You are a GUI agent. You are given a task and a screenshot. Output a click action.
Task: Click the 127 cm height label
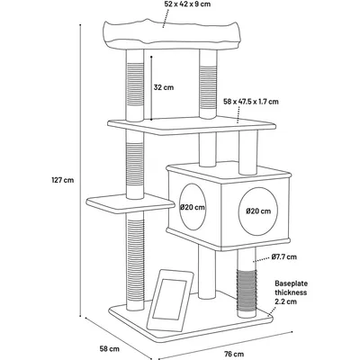63,180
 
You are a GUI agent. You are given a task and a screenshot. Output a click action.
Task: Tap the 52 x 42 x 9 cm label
187,4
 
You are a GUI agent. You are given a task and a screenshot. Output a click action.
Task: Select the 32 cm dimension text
164,87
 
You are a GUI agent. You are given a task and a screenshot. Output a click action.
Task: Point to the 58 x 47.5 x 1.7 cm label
251,102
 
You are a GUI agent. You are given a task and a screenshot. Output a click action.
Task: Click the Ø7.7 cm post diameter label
284,256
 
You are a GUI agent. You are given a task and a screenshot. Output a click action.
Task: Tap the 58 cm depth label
110,349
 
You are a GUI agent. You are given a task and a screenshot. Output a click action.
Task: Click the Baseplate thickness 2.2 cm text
291,292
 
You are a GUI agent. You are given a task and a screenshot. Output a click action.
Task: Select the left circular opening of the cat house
193,207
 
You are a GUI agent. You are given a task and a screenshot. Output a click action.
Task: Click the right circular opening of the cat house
258,211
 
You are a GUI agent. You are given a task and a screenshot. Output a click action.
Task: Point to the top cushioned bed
173,34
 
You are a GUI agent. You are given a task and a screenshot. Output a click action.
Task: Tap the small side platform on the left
130,203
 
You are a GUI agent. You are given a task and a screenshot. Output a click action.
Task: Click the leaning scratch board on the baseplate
170,300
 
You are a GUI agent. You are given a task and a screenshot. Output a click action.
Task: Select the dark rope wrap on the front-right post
247,290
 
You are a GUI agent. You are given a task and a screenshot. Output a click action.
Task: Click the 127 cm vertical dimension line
80,170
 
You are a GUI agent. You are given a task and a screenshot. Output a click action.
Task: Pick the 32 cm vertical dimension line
151,88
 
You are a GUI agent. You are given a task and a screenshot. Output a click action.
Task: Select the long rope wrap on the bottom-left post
136,258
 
